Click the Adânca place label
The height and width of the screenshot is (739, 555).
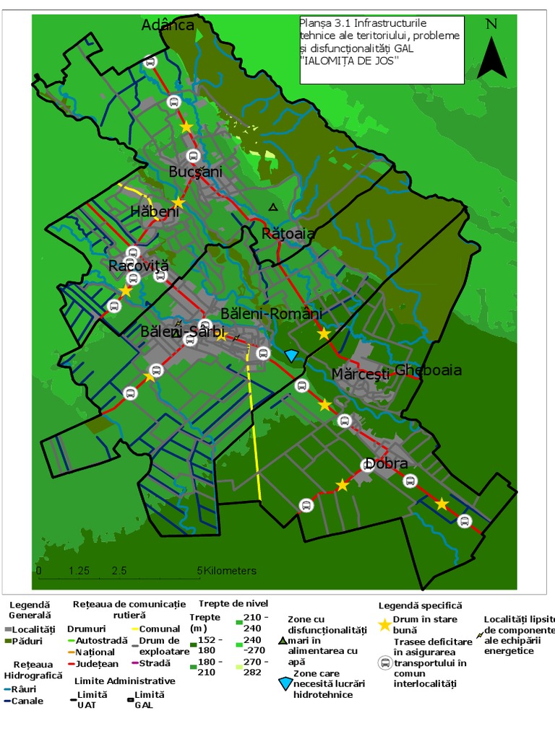pyautogui.click(x=168, y=25)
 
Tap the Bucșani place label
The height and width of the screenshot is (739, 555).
pyautogui.click(x=195, y=172)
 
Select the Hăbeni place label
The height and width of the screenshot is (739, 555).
pyautogui.click(x=154, y=211)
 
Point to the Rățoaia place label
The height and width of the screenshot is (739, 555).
pyautogui.click(x=288, y=234)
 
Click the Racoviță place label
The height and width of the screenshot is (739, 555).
pyautogui.click(x=138, y=266)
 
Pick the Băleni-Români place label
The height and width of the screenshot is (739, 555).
pyautogui.click(x=271, y=314)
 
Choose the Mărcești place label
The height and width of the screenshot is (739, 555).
pyautogui.click(x=360, y=374)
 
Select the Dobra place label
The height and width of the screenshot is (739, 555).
pyautogui.click(x=386, y=463)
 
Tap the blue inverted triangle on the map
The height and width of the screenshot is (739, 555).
pyautogui.click(x=291, y=356)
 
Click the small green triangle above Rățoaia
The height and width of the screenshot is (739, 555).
pyautogui.click(x=272, y=207)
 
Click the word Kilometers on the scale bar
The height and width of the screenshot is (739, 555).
pyautogui.click(x=229, y=571)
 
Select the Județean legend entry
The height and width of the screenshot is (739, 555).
pyautogui.click(x=96, y=664)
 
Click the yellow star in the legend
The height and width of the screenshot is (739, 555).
pyautogui.click(x=385, y=625)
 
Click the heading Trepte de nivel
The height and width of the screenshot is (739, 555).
pyautogui.click(x=233, y=603)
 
